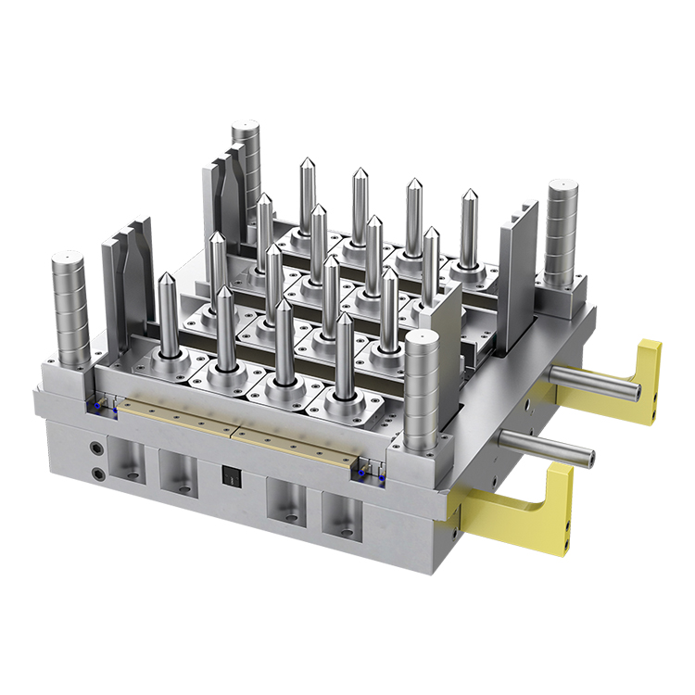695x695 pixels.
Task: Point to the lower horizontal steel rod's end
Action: (587, 455)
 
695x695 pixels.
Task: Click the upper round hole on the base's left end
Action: (96, 450)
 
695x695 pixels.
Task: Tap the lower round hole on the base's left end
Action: (99, 475)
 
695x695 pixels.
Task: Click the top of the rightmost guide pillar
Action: (562, 186)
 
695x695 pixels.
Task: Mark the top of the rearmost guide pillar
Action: (246, 127)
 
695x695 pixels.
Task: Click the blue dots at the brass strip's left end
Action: (100, 406)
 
